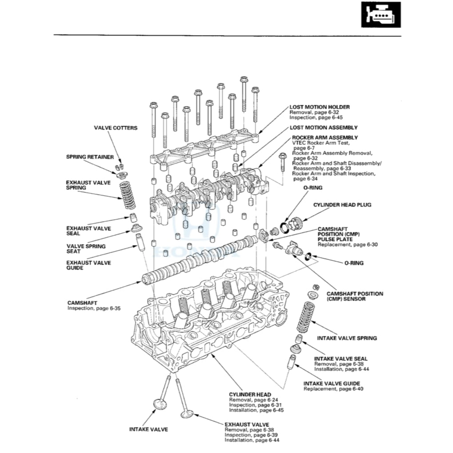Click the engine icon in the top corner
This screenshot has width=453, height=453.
(381, 15)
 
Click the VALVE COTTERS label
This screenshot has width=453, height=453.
(116, 128)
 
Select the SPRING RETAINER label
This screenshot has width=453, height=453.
(90, 157)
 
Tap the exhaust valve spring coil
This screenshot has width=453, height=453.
(127, 196)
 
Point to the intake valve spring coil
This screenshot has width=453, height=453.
(305, 317)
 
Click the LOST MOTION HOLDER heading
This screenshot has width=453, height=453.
(319, 107)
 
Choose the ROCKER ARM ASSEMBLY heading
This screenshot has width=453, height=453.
(325, 138)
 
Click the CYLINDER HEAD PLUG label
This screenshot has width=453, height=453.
(342, 205)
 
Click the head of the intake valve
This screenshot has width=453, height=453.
(160, 404)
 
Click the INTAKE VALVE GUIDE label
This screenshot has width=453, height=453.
(332, 383)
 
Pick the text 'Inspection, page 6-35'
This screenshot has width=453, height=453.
(94, 308)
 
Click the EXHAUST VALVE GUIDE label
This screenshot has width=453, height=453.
(88, 265)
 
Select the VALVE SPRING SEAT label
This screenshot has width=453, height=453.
(86, 249)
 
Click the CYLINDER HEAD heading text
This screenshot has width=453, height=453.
(250, 394)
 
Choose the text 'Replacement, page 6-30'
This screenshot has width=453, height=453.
(348, 245)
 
